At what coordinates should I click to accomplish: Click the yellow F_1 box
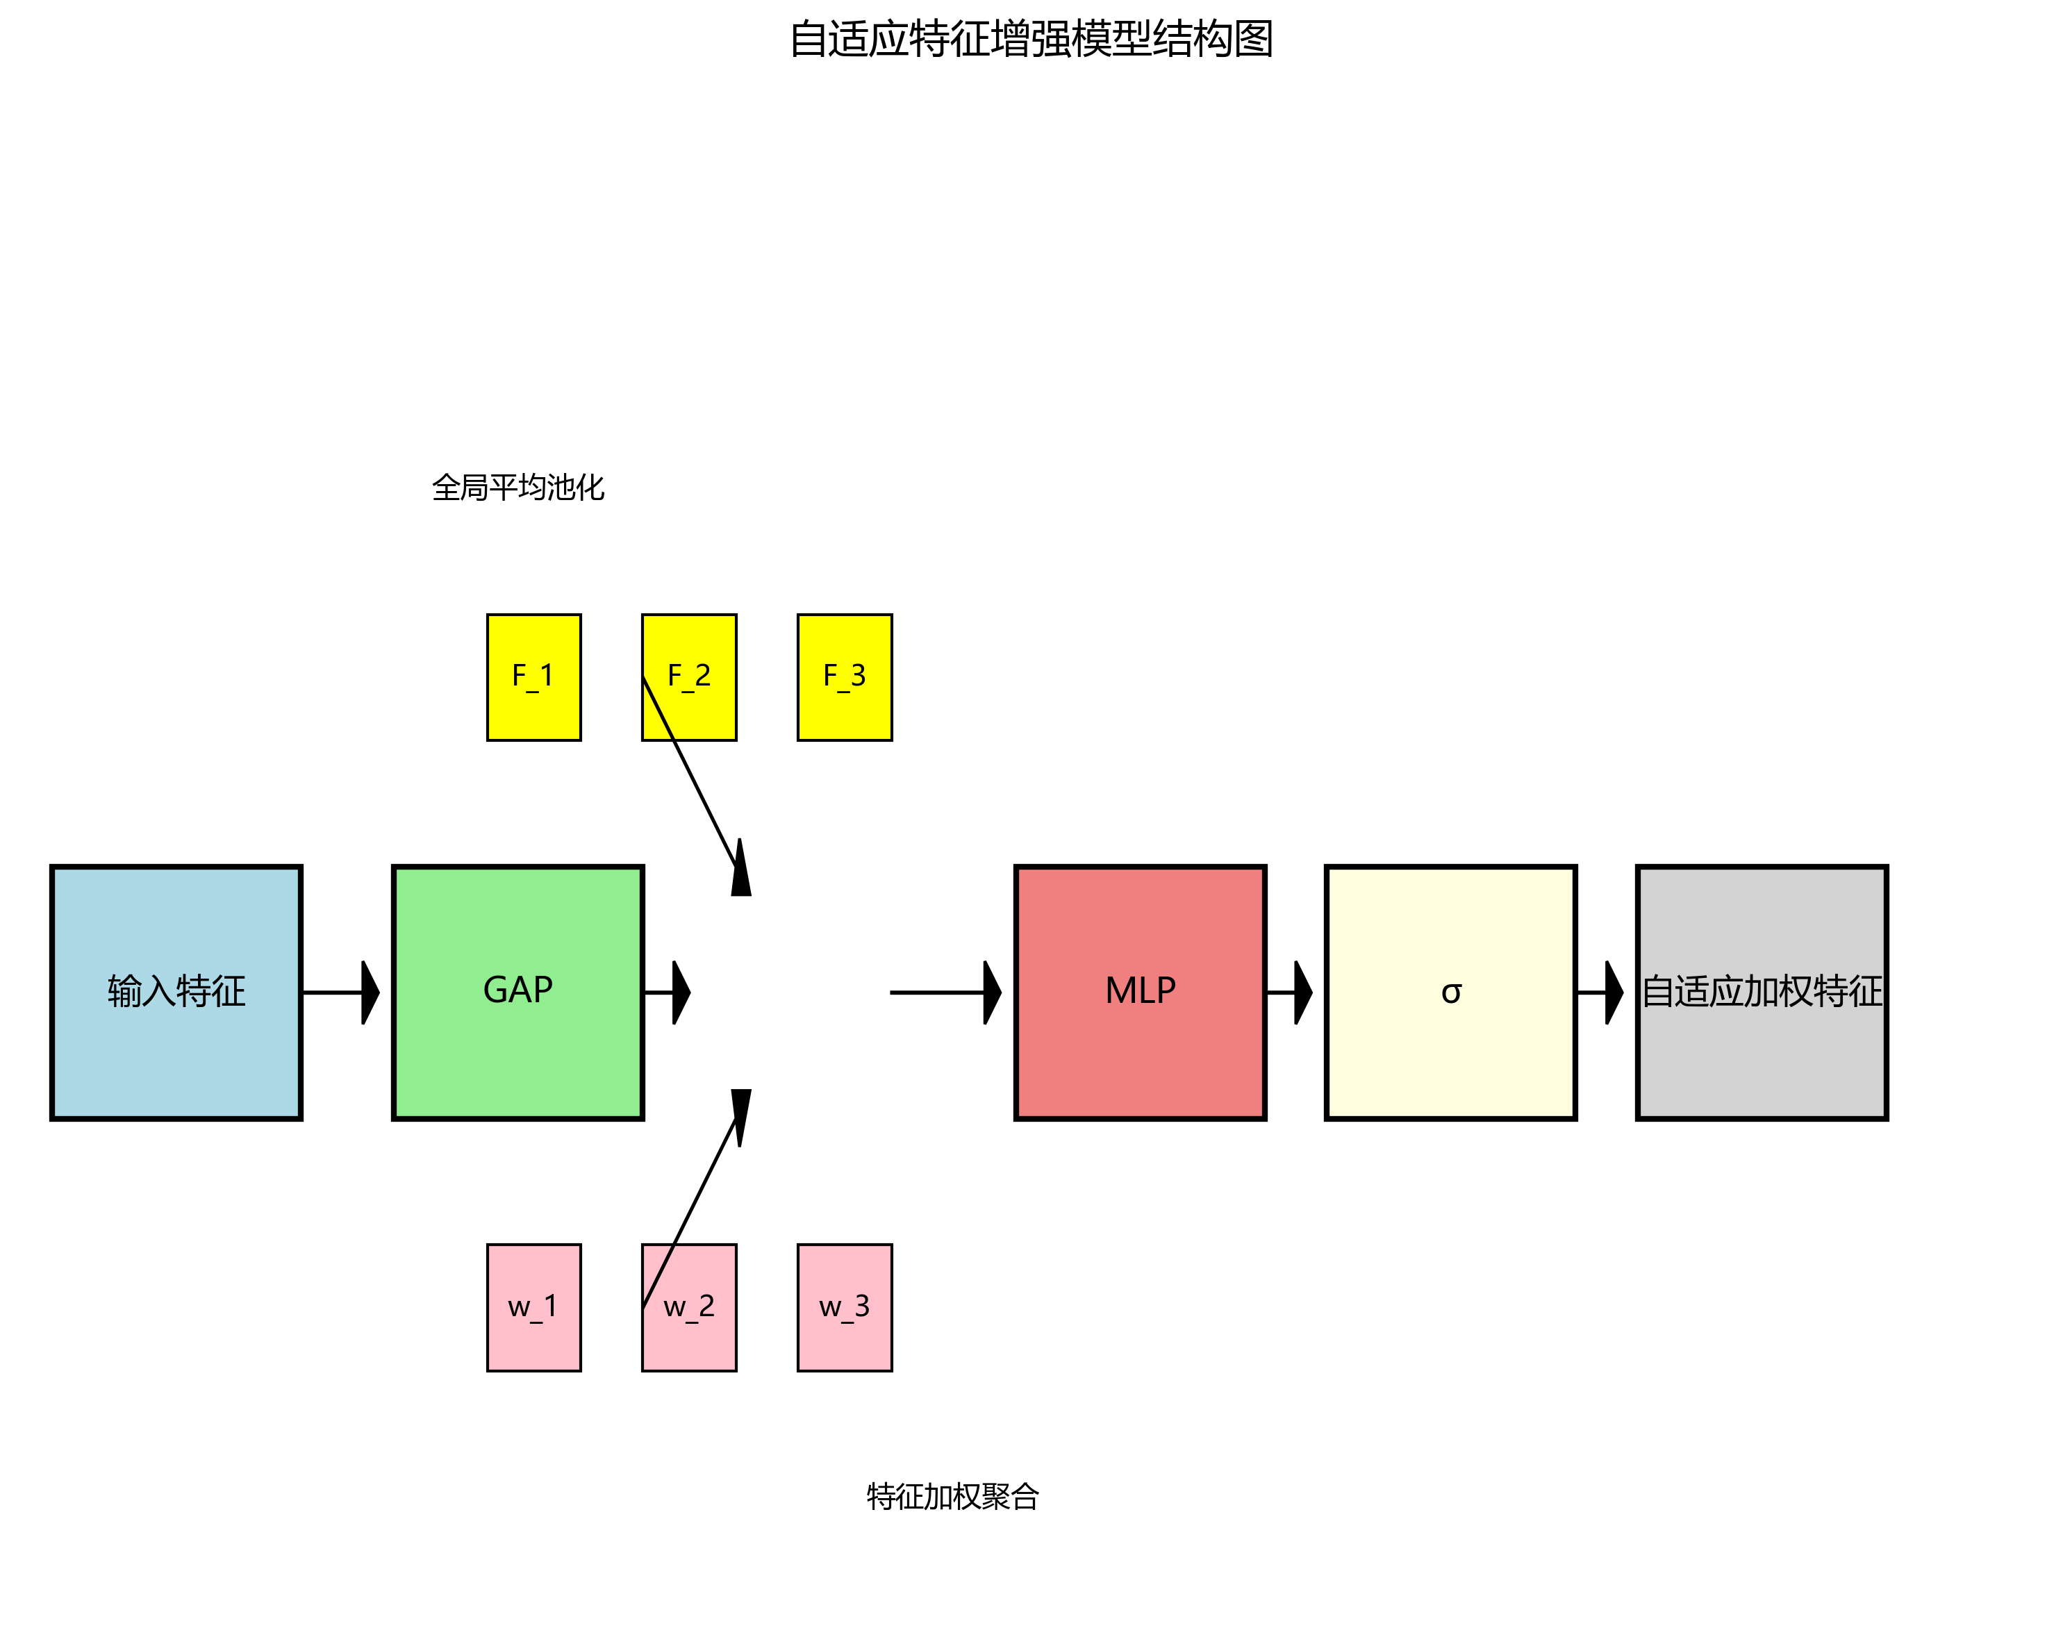533,676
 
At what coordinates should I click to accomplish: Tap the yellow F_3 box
844,676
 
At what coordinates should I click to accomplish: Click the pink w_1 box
533,1306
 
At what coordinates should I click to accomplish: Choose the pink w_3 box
844,1306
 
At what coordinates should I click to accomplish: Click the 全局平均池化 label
517,487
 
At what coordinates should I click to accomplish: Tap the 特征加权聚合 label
952,1495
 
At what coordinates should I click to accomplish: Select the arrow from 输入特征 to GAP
340,993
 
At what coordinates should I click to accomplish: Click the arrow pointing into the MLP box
943,993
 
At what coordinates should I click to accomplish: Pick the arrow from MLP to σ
1288,993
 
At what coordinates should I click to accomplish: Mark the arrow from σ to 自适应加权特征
1599,993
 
